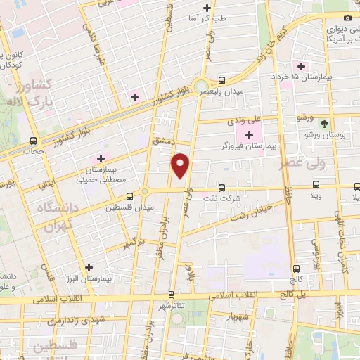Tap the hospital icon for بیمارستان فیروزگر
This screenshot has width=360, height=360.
click(x=249, y=134)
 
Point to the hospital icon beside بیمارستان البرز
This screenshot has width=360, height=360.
click(x=89, y=267)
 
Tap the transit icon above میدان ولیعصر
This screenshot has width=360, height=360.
click(x=221, y=81)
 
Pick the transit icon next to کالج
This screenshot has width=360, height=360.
click(x=296, y=268)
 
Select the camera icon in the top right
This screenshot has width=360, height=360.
click(x=347, y=18)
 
